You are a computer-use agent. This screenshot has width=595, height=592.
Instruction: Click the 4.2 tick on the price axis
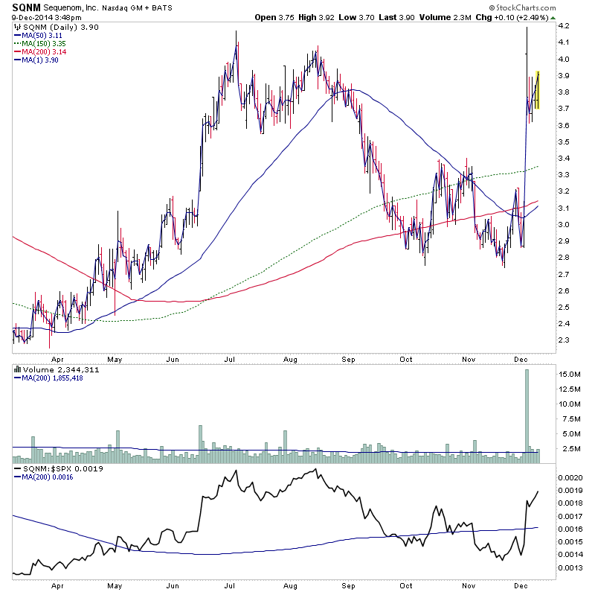point(564,25)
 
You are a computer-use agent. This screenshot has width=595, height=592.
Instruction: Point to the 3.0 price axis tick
point(564,224)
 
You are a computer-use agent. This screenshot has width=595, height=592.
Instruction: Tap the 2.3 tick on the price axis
point(564,340)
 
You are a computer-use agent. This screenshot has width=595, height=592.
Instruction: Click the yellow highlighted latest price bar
point(537,90)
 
